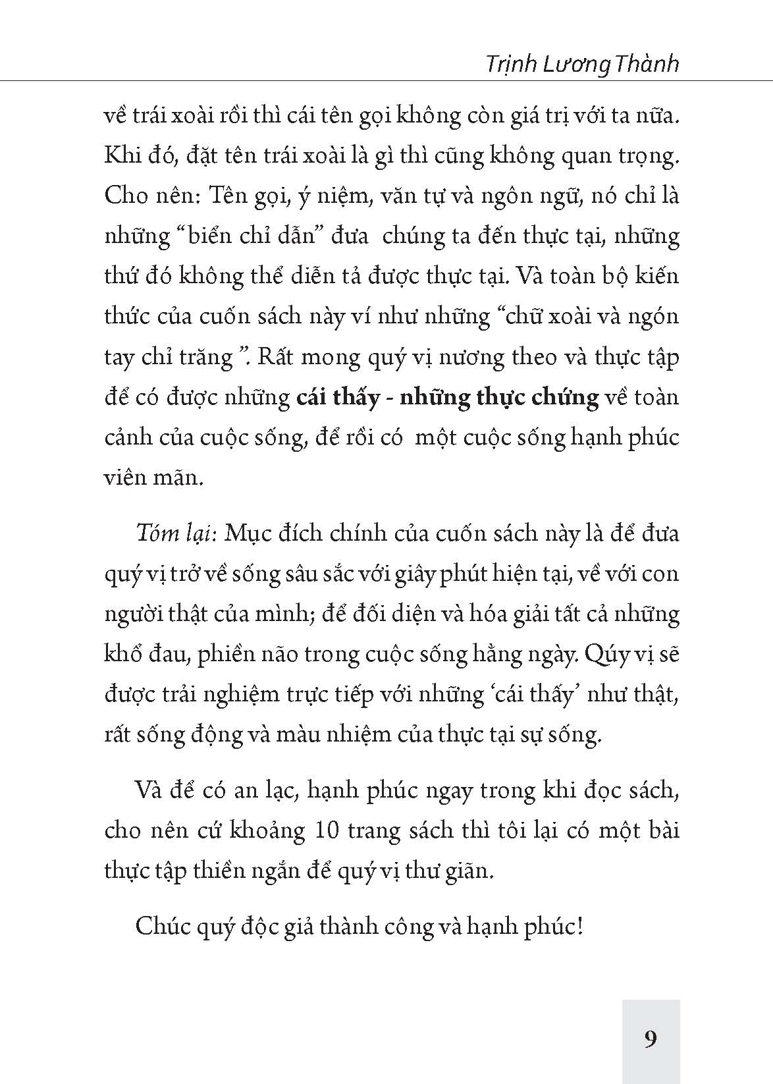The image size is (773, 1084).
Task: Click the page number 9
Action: (x=650, y=1039)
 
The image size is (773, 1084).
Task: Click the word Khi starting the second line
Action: (x=120, y=155)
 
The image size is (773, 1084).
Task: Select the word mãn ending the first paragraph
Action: (x=178, y=477)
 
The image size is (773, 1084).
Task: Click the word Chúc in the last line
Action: (x=161, y=927)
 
